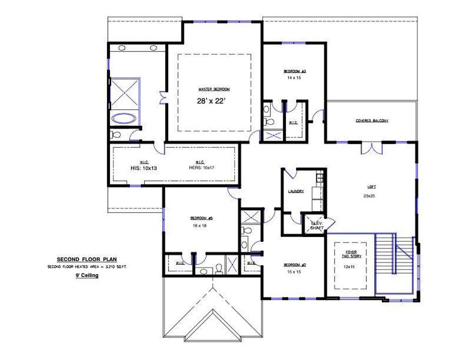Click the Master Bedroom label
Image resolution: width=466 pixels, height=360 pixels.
click(214, 89)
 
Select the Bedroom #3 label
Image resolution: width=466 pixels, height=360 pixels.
click(294, 71)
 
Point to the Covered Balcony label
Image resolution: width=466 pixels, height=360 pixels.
click(371, 121)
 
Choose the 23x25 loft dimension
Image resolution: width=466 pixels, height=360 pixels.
click(369, 196)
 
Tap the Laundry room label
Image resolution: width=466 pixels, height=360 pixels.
click(295, 191)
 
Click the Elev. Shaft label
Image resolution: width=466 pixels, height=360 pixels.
click(316, 224)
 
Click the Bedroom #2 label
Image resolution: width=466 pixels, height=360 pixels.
click(295, 265)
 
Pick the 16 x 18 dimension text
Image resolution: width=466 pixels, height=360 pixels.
click(199, 226)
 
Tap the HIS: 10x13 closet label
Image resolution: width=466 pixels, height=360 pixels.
click(144, 169)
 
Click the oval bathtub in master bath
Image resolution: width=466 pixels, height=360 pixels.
click(125, 118)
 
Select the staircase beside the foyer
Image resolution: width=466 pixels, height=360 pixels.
click(395, 264)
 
